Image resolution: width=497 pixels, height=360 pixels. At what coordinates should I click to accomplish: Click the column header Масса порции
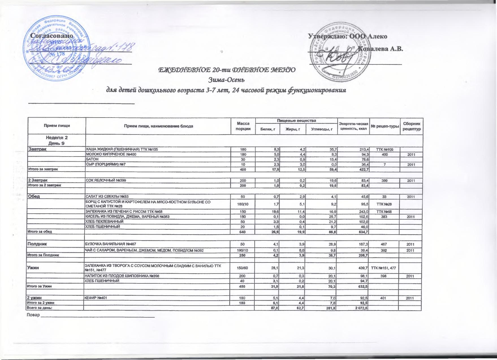click(x=243, y=126)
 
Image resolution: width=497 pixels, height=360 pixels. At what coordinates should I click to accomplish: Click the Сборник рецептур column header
click(x=411, y=126)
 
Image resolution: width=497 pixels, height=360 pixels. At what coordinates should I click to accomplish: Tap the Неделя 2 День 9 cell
click(x=57, y=140)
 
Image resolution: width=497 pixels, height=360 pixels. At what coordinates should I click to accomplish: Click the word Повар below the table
click(x=33, y=315)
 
